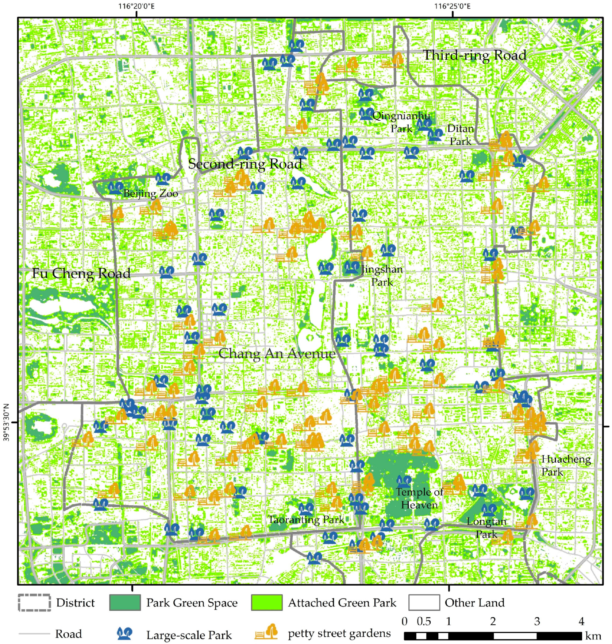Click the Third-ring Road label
coord(474,55)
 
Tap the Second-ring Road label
coord(245,164)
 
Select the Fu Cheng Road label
coord(81,273)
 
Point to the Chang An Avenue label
coord(277,354)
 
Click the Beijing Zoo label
coord(150,194)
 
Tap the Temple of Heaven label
coord(419,498)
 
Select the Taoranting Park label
coord(306,520)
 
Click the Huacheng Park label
coord(565,466)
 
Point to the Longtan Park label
coord(486,528)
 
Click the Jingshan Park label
coord(382,276)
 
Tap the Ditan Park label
coord(460,135)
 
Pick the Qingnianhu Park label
coord(401,122)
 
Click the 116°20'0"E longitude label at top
coord(136,6)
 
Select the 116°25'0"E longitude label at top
coord(452,6)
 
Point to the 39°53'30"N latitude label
coord(6,422)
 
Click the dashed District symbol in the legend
coord(34,603)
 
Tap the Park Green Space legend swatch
coord(125,603)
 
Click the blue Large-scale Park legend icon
coord(124,634)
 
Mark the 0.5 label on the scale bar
coord(423,621)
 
